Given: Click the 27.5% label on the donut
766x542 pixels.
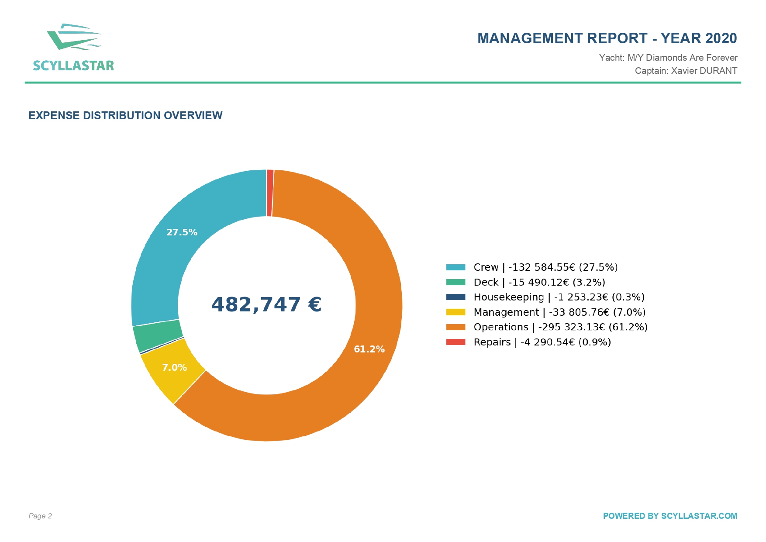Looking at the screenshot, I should pos(182,232).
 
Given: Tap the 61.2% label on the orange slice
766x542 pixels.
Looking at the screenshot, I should pos(369,349).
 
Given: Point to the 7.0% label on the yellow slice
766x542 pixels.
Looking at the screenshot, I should pos(174,367).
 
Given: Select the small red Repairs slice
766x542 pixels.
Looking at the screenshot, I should pos(270,193).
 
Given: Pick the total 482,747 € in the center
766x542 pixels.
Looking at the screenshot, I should pos(266,304).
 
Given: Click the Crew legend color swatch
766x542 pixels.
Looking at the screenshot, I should pos(455,267).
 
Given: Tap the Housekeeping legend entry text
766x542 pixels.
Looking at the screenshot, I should pos(559,297).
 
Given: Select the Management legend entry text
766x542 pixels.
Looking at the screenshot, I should pos(559,312).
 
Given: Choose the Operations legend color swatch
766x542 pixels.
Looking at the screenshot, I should pos(455,327).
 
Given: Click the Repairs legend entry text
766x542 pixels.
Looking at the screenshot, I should pos(542,342).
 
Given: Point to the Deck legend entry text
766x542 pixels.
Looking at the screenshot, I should pos(539,282).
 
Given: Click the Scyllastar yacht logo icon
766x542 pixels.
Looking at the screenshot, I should pos(74,37).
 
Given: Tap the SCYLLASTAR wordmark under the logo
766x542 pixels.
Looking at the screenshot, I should pos(73,66).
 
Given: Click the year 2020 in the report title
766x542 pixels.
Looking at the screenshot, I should pos(721,38).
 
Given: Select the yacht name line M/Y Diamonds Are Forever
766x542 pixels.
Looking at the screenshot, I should pos(682,58).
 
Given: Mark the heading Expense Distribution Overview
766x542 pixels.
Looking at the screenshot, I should pos(125,115).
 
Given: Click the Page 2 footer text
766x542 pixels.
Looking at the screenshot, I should pos(40,516).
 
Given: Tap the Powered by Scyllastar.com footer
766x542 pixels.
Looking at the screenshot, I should pos(670,516).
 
